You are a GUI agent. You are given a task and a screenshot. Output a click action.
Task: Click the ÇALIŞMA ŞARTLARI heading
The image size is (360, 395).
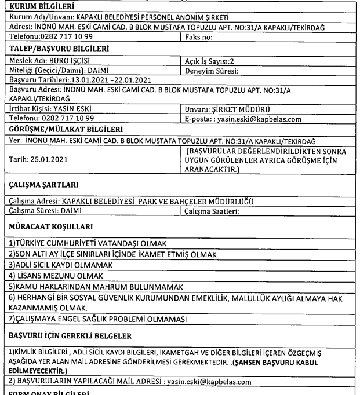pyautogui.click(x=35, y=178)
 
